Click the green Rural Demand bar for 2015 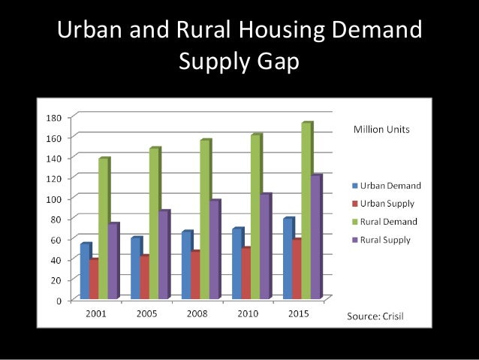click(x=306, y=210)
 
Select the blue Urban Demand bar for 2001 click(x=85, y=271)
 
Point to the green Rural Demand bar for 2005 click(x=154, y=222)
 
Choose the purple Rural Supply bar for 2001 click(x=113, y=260)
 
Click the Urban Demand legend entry click(x=386, y=186)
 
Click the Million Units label click(x=381, y=129)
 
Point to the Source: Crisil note click(x=375, y=316)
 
